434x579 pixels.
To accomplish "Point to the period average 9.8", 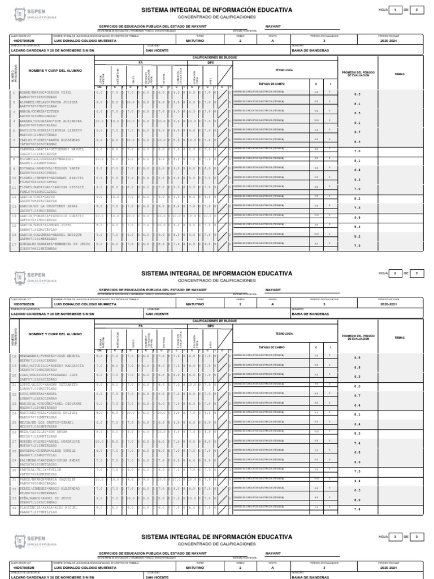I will click(357, 217).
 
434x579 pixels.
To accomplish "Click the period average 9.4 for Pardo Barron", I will click(357, 482).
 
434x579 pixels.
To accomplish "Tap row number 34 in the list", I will click(13, 509).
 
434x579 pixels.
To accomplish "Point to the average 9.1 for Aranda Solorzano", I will click(357, 123).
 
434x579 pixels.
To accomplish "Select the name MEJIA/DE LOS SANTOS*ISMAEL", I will click(42, 421).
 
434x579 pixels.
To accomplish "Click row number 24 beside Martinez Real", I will click(13, 413).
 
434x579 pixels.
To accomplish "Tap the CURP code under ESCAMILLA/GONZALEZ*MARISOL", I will click(34, 162).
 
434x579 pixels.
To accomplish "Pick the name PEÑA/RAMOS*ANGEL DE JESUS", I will click(43, 499).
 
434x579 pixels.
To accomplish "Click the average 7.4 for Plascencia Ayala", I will click(357, 509).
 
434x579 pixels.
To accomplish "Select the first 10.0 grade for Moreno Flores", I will click(99, 441).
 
